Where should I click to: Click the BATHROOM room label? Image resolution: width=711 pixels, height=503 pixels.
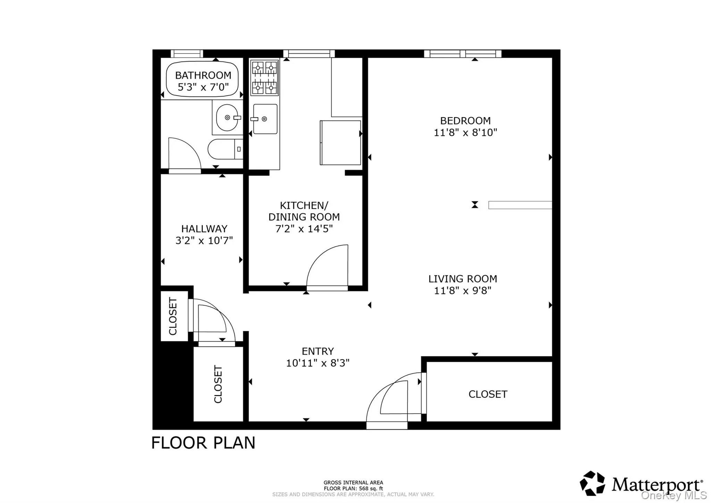pos(203,75)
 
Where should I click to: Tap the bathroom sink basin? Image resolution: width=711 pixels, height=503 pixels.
pos(227,118)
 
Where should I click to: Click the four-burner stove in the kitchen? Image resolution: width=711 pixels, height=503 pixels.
pos(265,78)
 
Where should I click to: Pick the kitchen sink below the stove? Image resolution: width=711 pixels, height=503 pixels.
pos(265,119)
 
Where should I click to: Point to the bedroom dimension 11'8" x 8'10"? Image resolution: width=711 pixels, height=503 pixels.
pos(465,132)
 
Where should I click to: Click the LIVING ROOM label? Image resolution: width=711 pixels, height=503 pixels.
pos(462,279)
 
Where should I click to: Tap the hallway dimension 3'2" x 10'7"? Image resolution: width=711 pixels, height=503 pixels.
pos(204,241)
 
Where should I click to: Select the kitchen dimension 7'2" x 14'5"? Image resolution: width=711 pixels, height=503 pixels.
pos(304,229)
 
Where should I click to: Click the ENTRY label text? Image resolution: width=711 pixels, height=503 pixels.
pos(318,351)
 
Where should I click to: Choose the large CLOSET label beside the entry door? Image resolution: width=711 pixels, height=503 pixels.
pos(488,394)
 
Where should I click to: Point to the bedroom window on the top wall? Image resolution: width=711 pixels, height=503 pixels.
pos(462,54)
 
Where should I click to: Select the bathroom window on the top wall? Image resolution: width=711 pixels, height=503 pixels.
pos(186,54)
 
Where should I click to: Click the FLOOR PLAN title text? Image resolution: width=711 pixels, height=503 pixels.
pos(203,443)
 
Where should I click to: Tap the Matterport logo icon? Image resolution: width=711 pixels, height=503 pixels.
pos(592,483)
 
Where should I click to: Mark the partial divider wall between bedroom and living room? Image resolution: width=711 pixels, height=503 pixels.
pos(520,205)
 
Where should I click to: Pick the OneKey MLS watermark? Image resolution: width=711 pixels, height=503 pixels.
pos(674,495)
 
